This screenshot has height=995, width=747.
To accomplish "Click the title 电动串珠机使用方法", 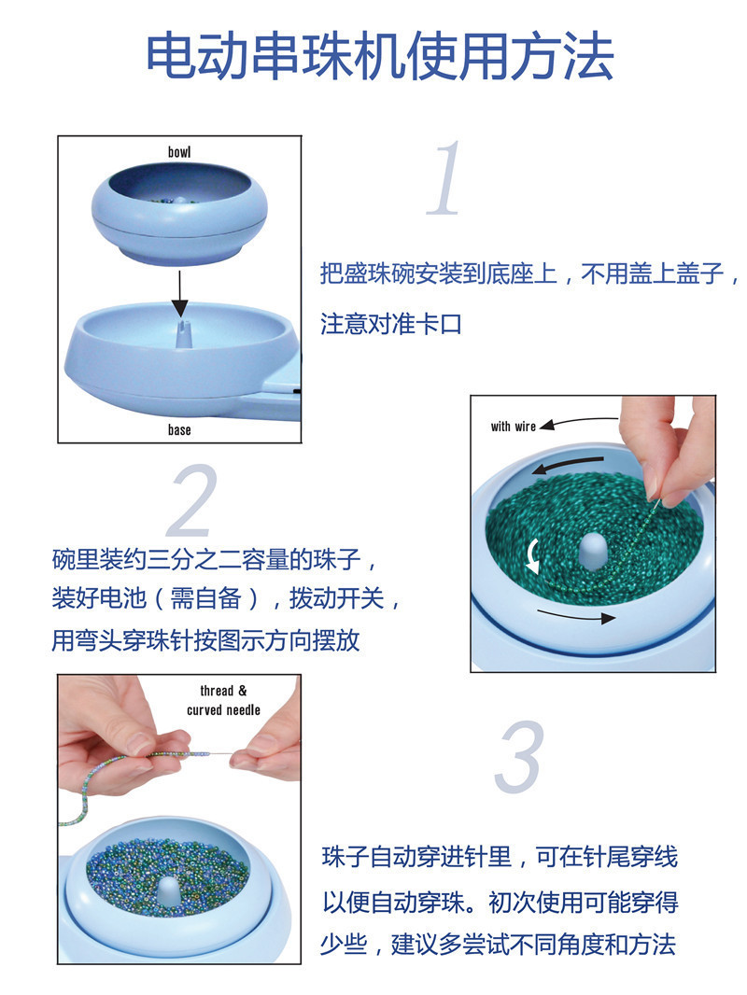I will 379,57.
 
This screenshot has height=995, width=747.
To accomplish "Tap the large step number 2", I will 196,503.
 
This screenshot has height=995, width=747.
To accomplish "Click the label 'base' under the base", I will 179,429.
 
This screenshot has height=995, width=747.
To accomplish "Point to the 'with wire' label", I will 514,427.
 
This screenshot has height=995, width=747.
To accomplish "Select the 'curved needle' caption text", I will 223,710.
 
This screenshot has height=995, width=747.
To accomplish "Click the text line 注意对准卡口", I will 391,325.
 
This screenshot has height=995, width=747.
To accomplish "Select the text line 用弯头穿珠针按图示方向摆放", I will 205,641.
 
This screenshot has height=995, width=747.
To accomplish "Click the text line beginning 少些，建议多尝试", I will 498,945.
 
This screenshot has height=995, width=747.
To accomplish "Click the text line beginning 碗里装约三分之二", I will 215,561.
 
